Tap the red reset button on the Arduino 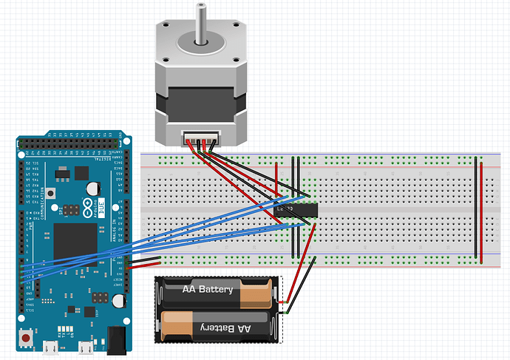click(x=27, y=339)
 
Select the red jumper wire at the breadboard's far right click(x=483, y=211)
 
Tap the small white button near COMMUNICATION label click(x=50, y=194)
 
